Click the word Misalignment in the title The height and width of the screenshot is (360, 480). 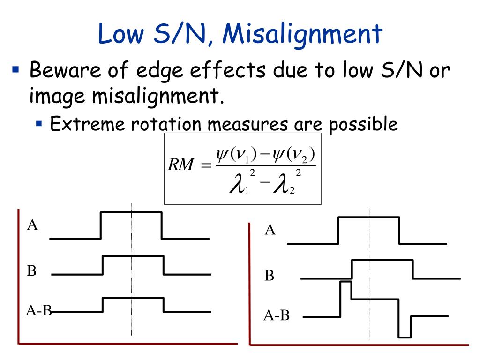[303, 35]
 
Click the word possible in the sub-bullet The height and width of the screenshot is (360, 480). [363, 124]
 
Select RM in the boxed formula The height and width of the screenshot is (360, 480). [180, 166]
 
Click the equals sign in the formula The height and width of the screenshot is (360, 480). [206, 166]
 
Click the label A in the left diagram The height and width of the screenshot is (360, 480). [32, 225]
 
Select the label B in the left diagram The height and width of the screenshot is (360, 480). [32, 270]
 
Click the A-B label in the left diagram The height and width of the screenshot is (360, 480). [38, 310]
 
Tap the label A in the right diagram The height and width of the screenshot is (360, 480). [270, 230]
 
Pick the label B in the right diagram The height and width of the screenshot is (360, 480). [269, 276]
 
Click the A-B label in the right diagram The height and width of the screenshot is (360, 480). [277, 316]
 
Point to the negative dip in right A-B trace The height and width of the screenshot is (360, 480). [405, 328]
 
